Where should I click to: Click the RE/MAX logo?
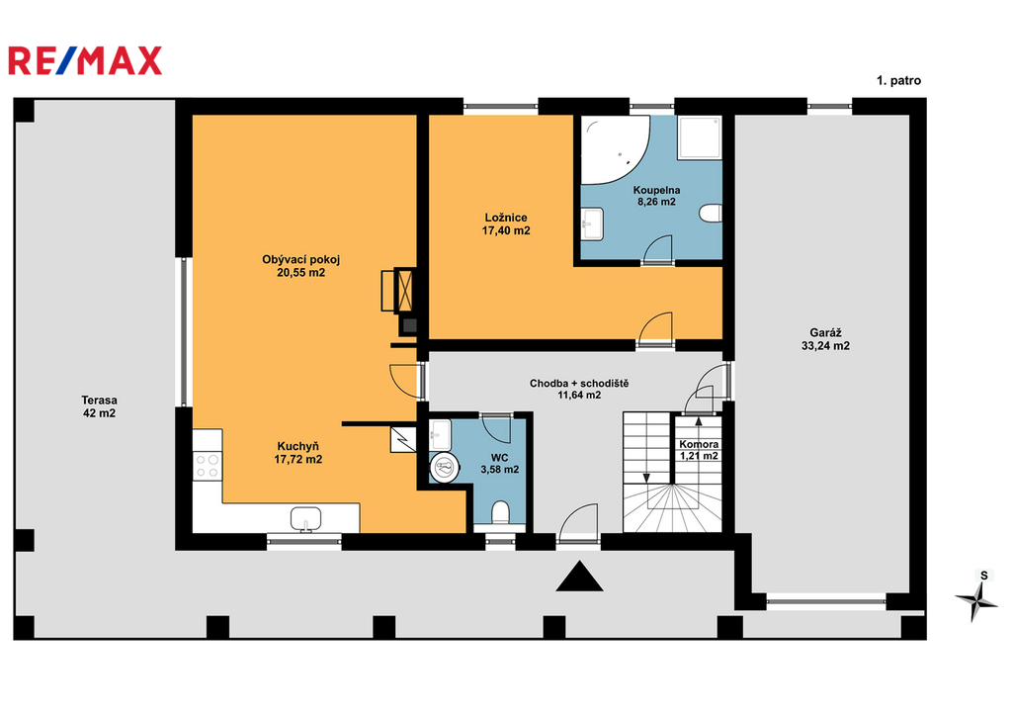click(x=85, y=60)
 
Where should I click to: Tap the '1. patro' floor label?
click(x=898, y=81)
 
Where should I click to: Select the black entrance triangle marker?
click(x=579, y=576)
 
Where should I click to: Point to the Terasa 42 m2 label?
click(x=100, y=406)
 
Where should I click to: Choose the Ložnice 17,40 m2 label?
click(x=506, y=224)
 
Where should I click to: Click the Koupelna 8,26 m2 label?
click(x=656, y=196)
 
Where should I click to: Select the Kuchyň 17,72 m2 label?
click(x=298, y=453)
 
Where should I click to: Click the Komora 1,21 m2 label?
click(x=699, y=450)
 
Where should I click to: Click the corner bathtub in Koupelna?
click(x=613, y=149)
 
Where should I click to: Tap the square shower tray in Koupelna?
click(x=699, y=137)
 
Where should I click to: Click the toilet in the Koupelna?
click(x=711, y=213)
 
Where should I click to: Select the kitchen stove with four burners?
click(x=208, y=466)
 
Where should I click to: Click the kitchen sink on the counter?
click(x=306, y=519)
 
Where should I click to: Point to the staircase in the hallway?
click(x=672, y=473)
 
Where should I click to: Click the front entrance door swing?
click(x=579, y=520)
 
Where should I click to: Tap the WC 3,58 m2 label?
click(x=499, y=464)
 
